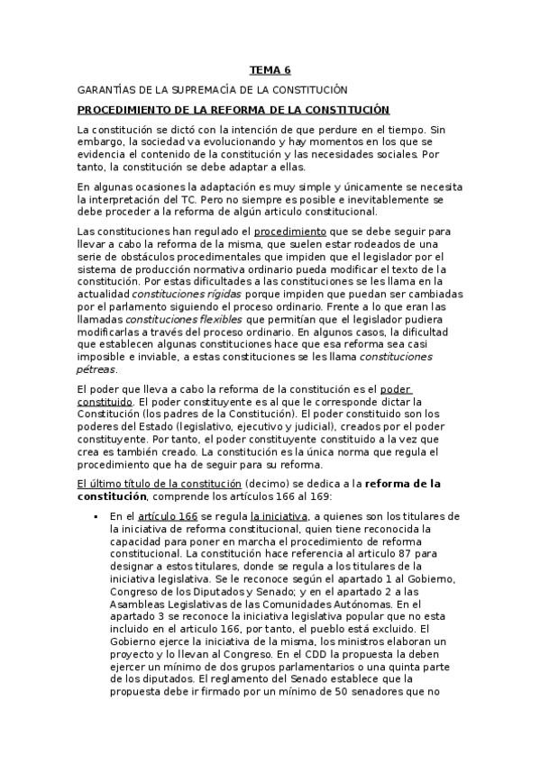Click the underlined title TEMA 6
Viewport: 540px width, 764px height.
(x=270, y=70)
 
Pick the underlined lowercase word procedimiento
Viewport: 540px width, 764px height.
(x=288, y=232)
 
